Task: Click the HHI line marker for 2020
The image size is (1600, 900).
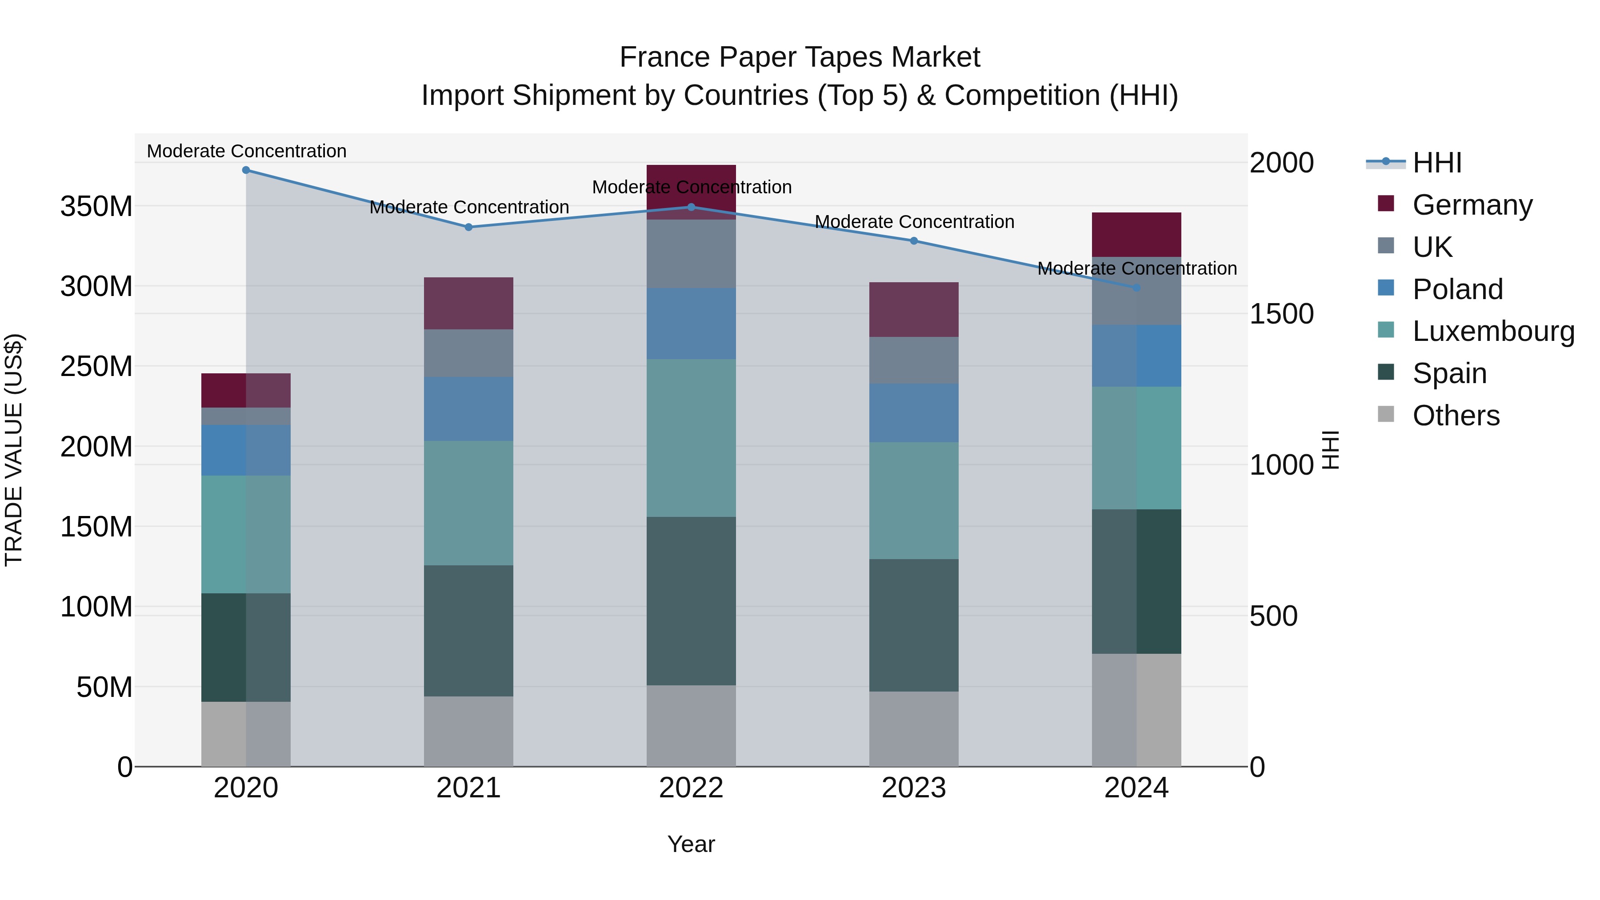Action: pos(246,170)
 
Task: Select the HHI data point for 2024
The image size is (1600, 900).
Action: pos(1136,288)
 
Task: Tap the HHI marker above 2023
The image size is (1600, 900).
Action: pos(914,241)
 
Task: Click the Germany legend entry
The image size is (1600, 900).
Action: pos(1472,205)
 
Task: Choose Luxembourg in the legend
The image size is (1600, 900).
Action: pos(1493,331)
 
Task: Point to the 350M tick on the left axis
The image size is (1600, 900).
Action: pos(96,206)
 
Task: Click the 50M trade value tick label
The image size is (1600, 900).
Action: pos(104,688)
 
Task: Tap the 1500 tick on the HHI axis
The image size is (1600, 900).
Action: pos(1281,314)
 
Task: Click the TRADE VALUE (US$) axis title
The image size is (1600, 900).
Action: pos(14,450)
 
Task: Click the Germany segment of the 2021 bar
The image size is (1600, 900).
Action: pos(468,303)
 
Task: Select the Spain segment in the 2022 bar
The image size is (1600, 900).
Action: pos(691,600)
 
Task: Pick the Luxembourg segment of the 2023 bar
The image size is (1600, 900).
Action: pos(914,500)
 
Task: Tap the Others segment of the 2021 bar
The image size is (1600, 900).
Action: pos(468,731)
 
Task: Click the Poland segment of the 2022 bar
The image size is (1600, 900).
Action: pos(691,324)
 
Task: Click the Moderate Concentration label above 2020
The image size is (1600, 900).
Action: pos(247,152)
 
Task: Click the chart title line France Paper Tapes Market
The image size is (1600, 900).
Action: pos(800,58)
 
